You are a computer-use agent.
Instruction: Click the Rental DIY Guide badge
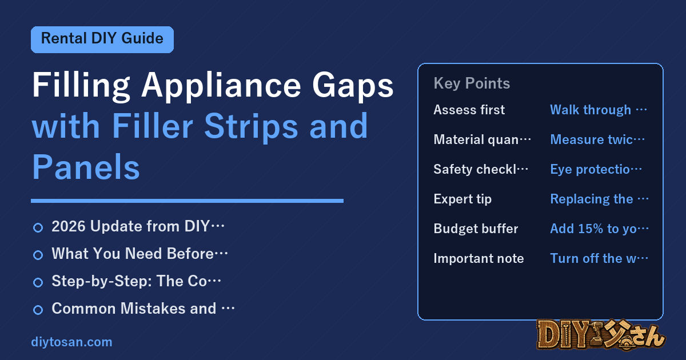(x=102, y=39)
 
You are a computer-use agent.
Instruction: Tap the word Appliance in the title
(x=221, y=86)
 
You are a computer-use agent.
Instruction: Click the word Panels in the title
(x=86, y=167)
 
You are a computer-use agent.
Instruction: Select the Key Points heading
(x=472, y=83)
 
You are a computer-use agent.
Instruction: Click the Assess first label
(x=469, y=110)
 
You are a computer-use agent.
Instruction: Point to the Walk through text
(x=598, y=110)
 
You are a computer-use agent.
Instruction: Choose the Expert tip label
(x=462, y=199)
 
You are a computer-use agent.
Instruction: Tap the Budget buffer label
(x=476, y=229)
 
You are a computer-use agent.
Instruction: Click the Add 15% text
(x=599, y=229)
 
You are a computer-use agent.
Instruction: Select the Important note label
(x=478, y=258)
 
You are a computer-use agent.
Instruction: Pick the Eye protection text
(x=596, y=169)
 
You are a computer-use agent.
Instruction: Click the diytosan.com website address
(x=71, y=342)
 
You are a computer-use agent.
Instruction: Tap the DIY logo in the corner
(x=601, y=335)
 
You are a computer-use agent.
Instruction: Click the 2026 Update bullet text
(x=138, y=226)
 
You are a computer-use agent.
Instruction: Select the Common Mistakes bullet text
(x=143, y=309)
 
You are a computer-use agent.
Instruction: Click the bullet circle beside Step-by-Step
(x=38, y=282)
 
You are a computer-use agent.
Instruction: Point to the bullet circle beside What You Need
(x=38, y=255)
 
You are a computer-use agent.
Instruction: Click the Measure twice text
(x=597, y=139)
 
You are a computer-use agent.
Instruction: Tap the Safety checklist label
(x=481, y=169)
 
